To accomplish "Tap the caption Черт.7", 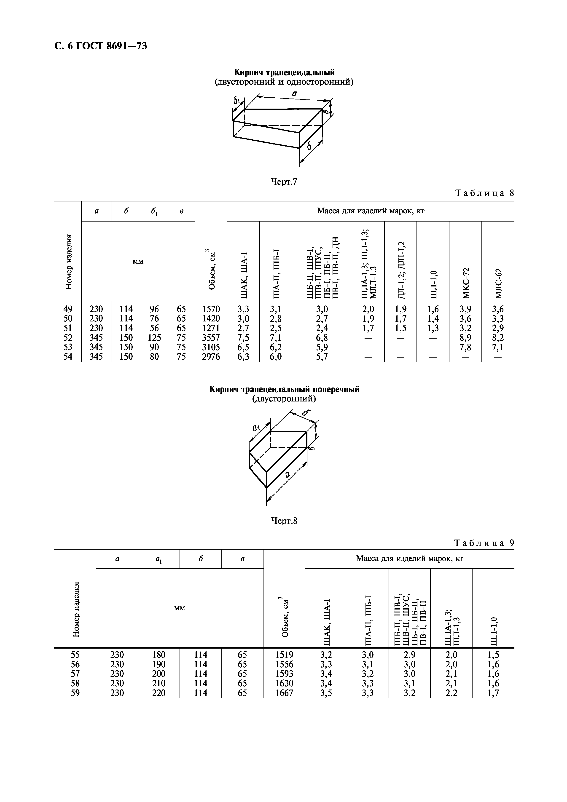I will (x=284, y=182).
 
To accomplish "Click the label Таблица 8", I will (x=485, y=193).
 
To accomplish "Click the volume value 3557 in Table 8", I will (x=211, y=337).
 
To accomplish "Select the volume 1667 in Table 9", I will (x=284, y=693).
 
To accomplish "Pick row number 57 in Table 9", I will (x=75, y=674).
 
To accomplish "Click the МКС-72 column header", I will (x=466, y=283).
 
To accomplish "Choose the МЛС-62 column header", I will (x=498, y=283).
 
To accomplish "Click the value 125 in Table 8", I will (x=154, y=337).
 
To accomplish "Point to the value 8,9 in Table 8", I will (x=465, y=337).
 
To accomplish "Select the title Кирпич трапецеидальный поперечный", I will (x=284, y=389).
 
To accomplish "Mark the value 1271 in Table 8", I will (x=211, y=328).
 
